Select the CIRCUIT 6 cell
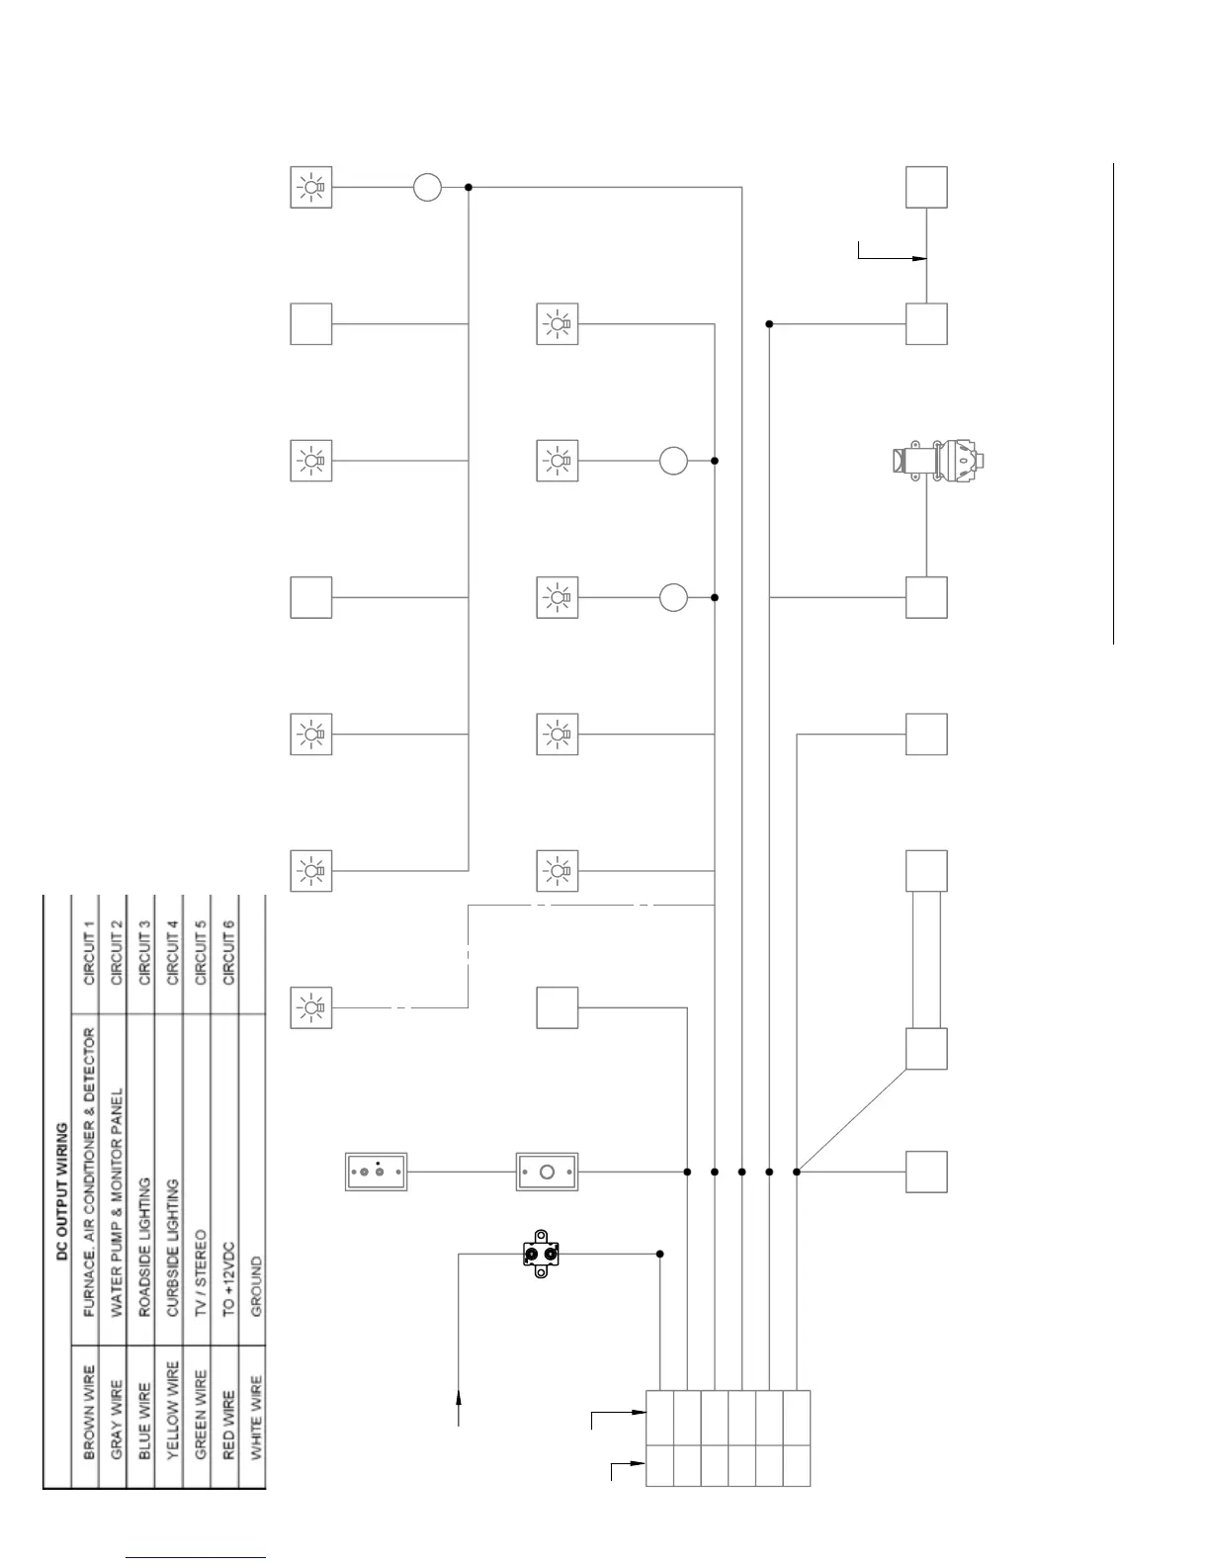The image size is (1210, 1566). [228, 954]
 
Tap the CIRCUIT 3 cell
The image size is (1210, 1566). [144, 954]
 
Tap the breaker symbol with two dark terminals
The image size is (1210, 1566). [541, 1254]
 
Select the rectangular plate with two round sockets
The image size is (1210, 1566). [376, 1172]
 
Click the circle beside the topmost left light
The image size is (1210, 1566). [427, 187]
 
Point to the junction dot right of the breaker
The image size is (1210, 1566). [660, 1254]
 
